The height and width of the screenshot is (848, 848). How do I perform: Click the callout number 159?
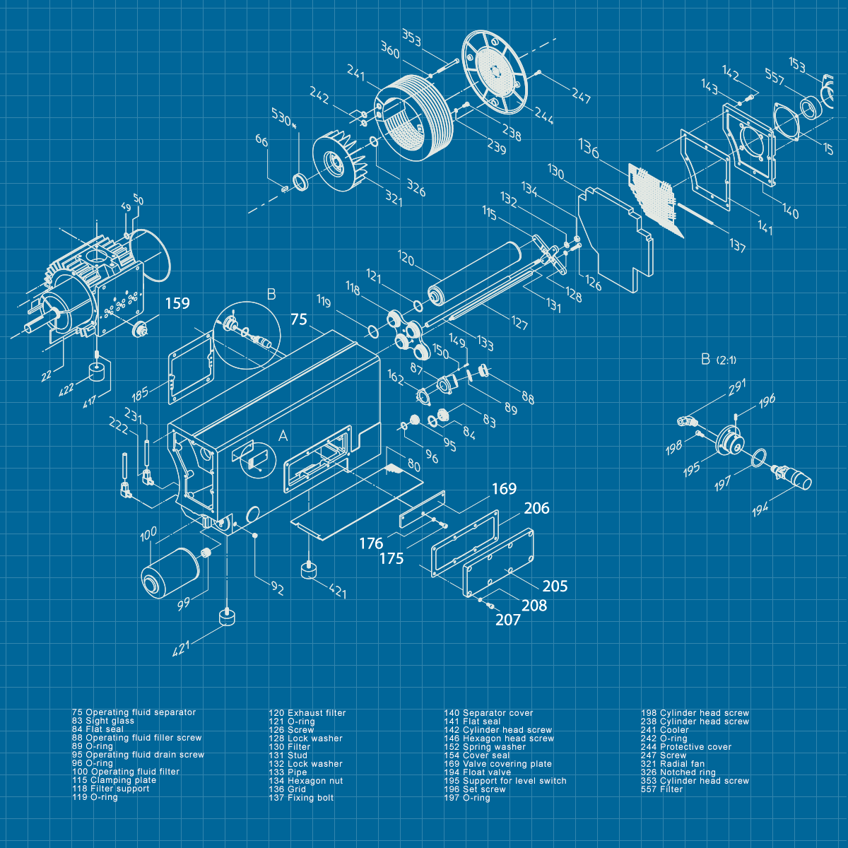[177, 303]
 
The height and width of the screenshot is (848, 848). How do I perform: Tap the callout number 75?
[299, 319]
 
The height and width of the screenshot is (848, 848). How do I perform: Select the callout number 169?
[504, 489]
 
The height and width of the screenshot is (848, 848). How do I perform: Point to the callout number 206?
[536, 508]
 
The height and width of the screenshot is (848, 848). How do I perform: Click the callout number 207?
[508, 620]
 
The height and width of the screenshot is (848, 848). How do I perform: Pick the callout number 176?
[371, 543]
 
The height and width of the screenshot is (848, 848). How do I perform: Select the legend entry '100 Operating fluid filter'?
[126, 772]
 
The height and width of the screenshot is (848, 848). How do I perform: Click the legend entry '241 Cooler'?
[664, 730]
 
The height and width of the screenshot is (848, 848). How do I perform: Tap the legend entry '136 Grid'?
[287, 789]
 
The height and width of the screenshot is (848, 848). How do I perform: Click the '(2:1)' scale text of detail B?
[726, 360]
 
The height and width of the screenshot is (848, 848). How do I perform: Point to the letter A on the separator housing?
[283, 436]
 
